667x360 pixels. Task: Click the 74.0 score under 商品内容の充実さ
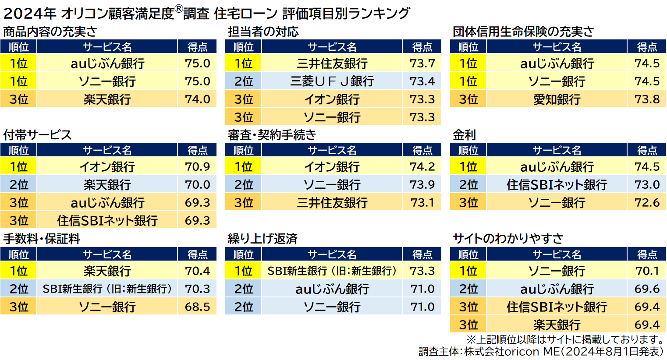point(197,99)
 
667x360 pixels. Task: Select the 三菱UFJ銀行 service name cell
point(332,81)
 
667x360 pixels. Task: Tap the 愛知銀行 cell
point(556,99)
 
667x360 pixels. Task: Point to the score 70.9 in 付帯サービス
point(197,167)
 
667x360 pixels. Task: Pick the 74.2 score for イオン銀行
point(422,167)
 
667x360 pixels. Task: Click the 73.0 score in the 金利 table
point(647,185)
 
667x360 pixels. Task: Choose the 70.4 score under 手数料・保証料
point(197,271)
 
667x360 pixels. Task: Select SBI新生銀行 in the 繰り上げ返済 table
point(332,271)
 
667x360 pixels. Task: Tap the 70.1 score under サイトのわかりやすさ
point(647,271)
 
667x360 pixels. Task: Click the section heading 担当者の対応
point(263,32)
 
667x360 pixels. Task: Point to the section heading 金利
point(464,135)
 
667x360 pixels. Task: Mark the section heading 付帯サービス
point(37,135)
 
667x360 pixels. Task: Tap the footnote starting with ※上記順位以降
point(565,339)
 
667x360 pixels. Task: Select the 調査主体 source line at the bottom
point(541,352)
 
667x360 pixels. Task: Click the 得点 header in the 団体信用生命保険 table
point(647,47)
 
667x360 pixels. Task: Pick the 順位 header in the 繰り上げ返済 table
point(243,254)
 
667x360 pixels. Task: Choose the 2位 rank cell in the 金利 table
point(468,185)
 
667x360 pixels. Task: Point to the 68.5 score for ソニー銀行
point(197,307)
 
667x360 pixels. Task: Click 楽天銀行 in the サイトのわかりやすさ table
point(556,325)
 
